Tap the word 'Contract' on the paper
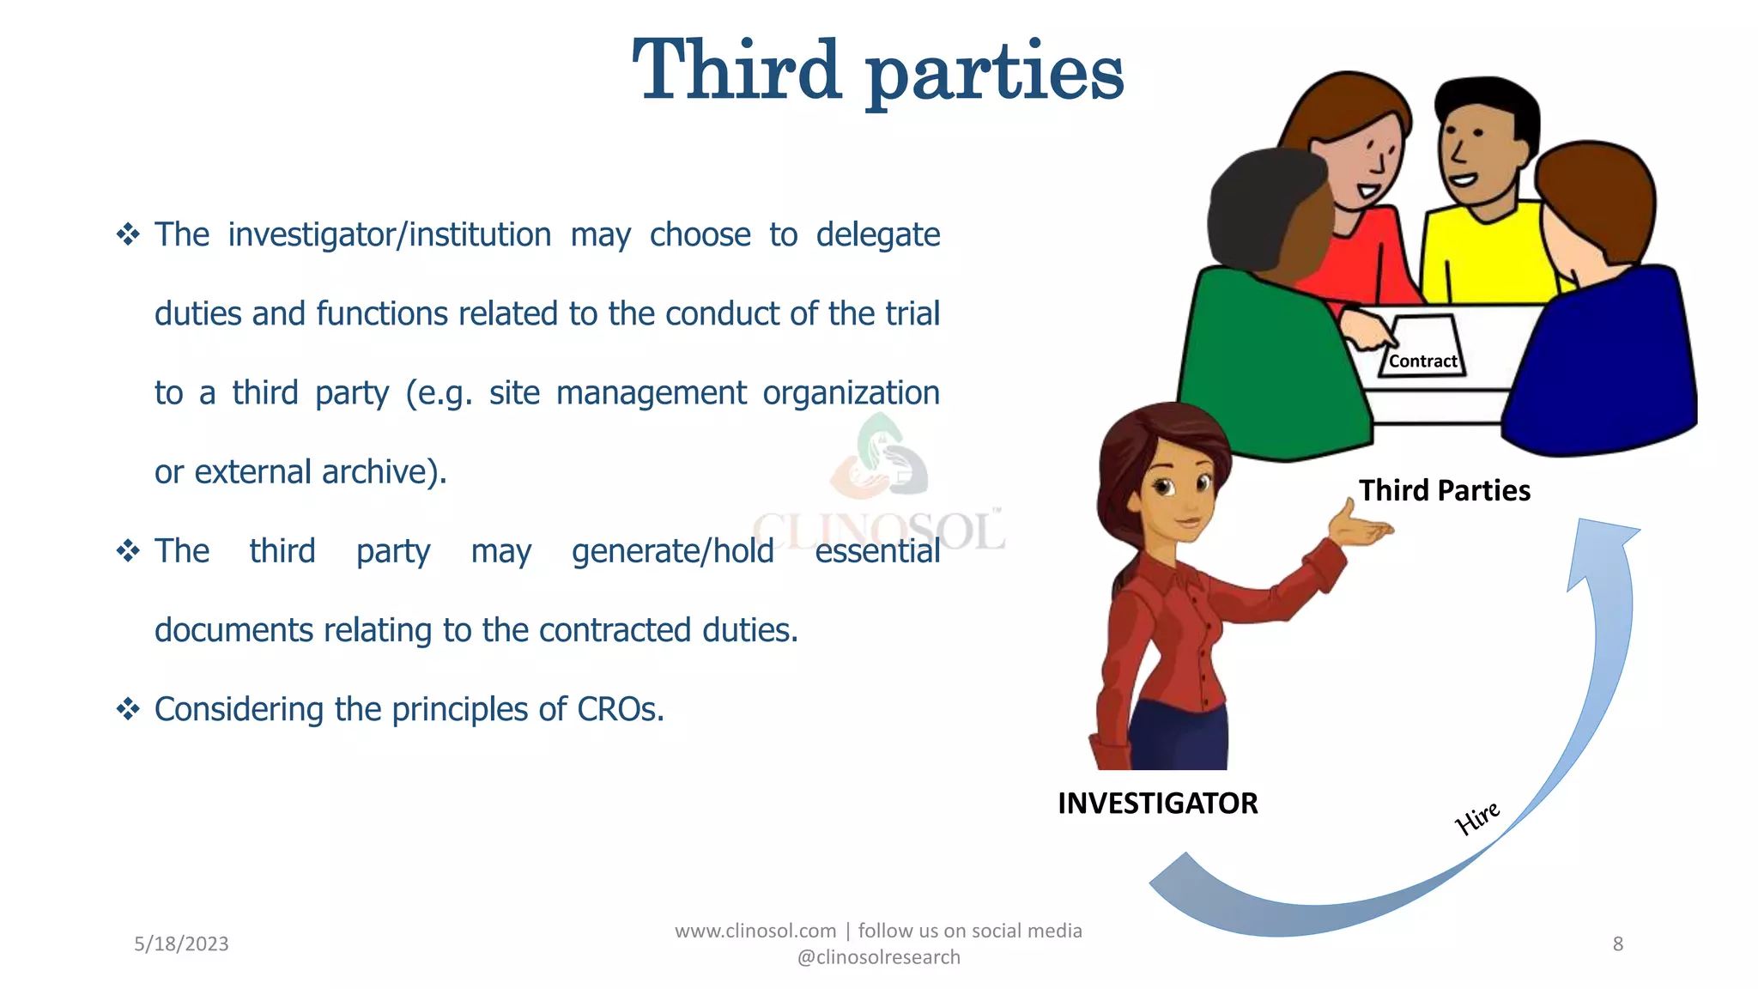pos(1422,361)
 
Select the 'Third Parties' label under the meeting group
pos(1444,490)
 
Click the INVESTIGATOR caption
pos(1157,804)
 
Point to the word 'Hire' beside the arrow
pos(1477,817)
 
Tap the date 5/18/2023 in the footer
pos(181,943)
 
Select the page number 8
pos(1617,943)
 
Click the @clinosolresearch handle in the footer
pos(878,957)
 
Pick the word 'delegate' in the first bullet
pos(877,235)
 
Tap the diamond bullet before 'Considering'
pos(128,709)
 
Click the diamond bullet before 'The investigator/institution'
pos(128,234)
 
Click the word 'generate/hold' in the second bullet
pos(672,551)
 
